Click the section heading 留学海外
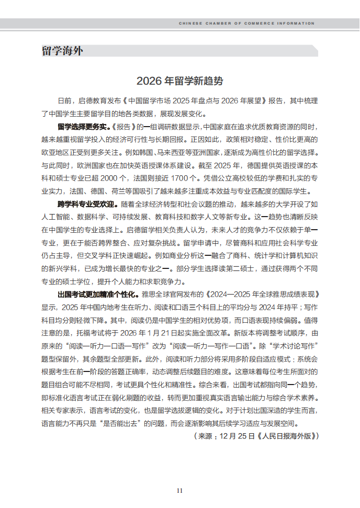[62, 51]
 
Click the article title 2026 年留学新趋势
[179, 81]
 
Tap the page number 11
[179, 490]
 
